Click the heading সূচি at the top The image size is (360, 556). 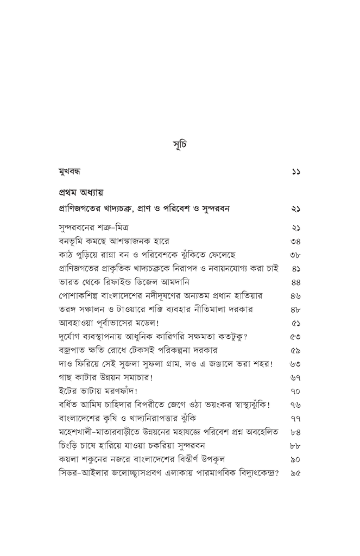[x=180, y=147]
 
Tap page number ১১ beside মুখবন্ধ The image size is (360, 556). [x=296, y=171]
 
